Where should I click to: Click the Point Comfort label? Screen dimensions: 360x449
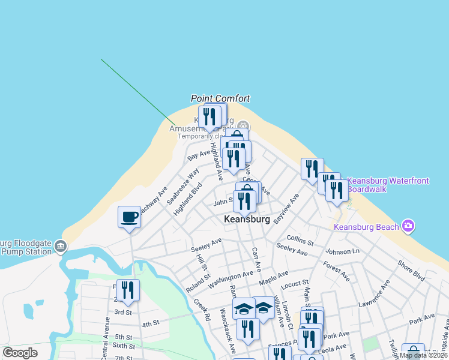(220, 98)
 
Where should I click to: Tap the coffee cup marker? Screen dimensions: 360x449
(130, 217)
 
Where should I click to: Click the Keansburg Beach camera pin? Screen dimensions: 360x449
(408, 226)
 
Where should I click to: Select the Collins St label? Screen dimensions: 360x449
(300, 241)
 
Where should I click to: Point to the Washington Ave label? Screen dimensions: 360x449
(231, 277)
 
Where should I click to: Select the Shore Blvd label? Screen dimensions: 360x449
(411, 271)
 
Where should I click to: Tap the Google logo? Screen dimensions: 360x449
(20, 353)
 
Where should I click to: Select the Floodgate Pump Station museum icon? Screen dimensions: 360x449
(60, 246)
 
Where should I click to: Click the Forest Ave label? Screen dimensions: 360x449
(336, 269)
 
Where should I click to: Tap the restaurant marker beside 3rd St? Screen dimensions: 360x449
(128, 290)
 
